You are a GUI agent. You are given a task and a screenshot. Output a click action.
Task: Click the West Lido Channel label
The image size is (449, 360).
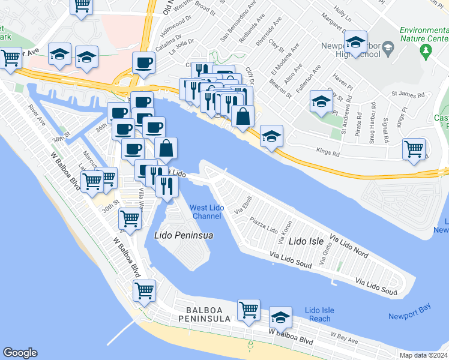[206, 212]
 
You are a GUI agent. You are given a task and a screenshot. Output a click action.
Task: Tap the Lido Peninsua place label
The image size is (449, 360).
[184, 235]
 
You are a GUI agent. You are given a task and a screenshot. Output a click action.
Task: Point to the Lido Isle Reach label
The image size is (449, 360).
[319, 314]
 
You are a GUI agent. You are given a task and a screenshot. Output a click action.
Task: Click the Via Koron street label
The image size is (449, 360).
[283, 232]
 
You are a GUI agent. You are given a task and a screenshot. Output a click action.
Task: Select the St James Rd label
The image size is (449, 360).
[408, 94]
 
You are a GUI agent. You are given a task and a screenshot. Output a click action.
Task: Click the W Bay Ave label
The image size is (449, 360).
[344, 337]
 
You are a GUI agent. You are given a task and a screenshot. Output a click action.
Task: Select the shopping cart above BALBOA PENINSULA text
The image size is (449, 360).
[249, 310]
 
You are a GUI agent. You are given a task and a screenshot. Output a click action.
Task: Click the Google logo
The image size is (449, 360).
[20, 353]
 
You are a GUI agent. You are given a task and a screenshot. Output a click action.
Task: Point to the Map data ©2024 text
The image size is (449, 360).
[424, 355]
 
